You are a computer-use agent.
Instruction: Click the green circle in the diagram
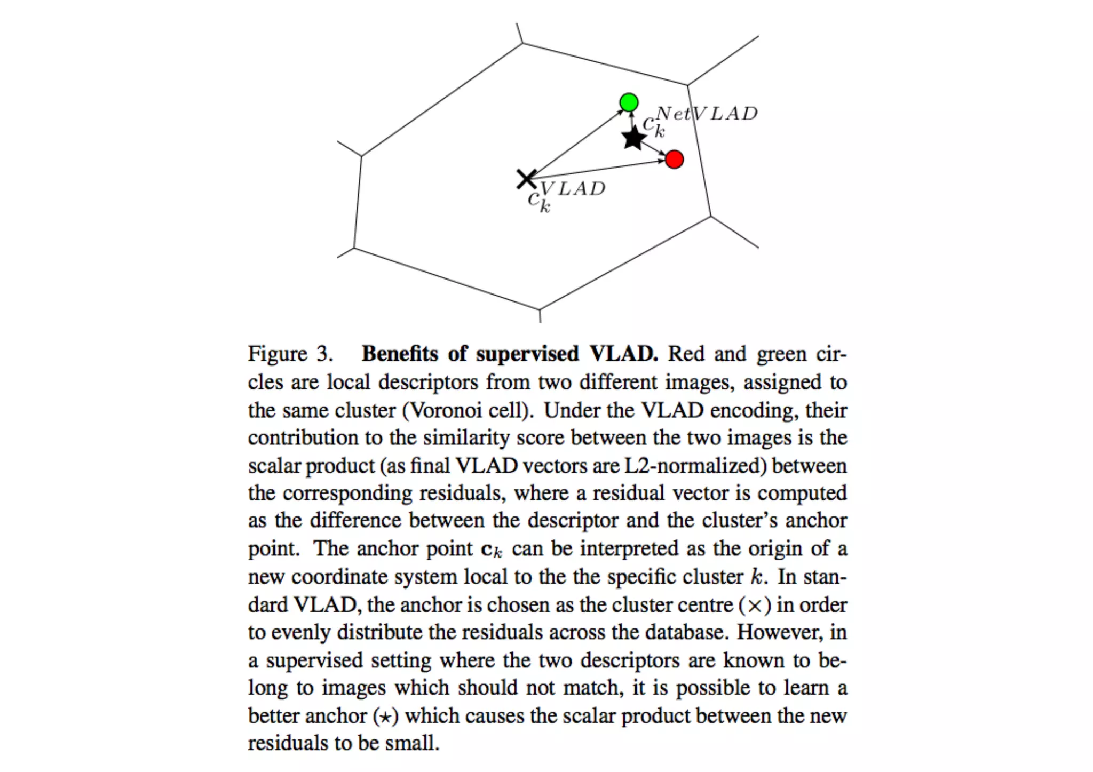pos(629,102)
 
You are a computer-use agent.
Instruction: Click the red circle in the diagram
pos(675,159)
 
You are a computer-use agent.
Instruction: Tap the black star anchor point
pos(634,138)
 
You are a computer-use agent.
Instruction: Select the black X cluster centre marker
pos(526,179)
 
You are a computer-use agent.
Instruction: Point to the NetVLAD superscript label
pos(706,113)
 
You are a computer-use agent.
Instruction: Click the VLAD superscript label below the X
pos(573,188)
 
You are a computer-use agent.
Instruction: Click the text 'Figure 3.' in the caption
pos(290,354)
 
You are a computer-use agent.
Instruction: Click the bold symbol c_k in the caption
pos(492,550)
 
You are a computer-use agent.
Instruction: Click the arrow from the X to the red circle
pos(598,169)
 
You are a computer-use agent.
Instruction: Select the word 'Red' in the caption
pos(686,354)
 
